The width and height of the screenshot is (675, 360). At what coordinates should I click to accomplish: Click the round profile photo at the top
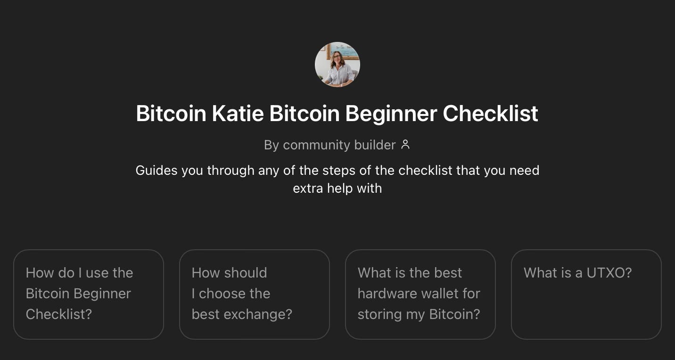coord(337,65)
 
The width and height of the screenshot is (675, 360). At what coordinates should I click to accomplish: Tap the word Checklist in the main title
coord(490,114)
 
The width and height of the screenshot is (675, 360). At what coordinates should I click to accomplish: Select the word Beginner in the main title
coord(391,114)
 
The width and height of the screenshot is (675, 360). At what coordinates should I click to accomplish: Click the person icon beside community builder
coord(405,145)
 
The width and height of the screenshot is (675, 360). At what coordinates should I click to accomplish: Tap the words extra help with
coord(337,188)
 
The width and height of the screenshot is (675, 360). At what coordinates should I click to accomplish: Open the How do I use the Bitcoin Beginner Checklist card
coord(89,294)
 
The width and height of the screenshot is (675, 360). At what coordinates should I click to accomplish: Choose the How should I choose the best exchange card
coord(255,294)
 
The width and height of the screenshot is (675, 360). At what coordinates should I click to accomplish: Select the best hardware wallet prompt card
coord(420,294)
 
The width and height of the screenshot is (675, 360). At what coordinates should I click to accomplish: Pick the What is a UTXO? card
coord(586,294)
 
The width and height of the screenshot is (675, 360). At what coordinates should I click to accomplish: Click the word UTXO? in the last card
coord(609,273)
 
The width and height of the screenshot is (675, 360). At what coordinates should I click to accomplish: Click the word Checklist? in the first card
coord(59,314)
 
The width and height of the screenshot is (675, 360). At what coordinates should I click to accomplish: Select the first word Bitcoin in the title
coord(171,114)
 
